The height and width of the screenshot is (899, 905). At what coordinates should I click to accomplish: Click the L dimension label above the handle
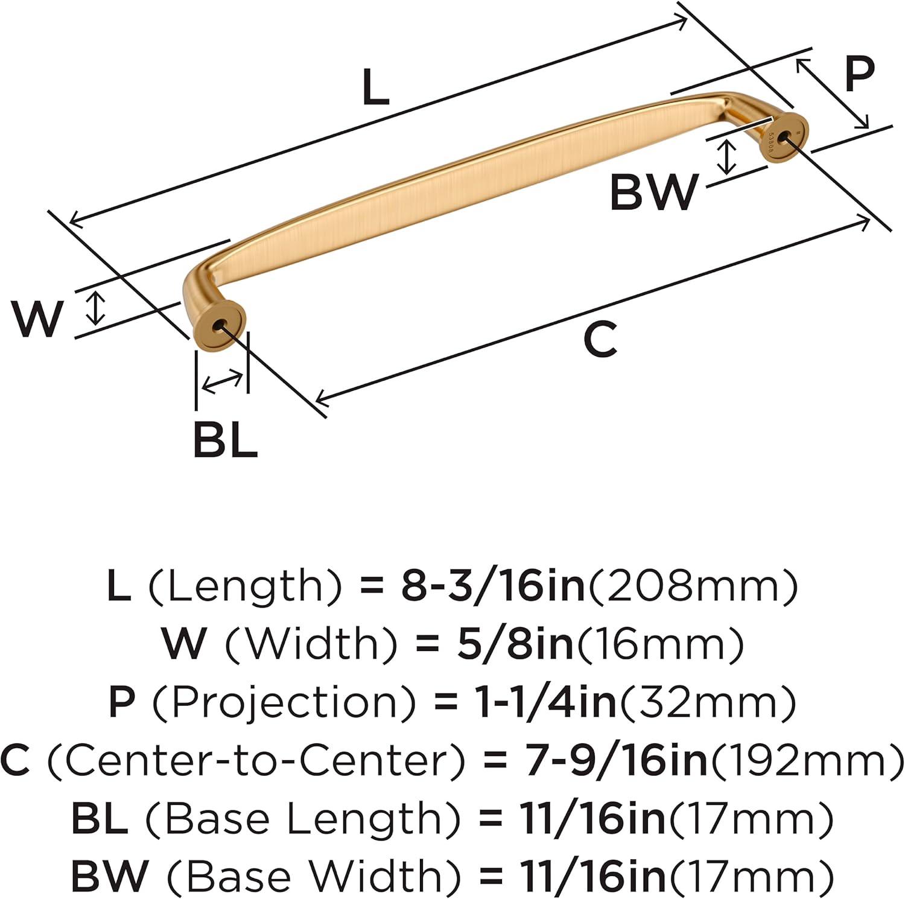click(375, 88)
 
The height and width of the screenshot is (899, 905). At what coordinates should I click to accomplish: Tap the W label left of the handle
click(38, 319)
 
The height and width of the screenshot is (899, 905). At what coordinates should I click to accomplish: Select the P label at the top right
click(859, 73)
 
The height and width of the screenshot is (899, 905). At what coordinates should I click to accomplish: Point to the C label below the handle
click(601, 338)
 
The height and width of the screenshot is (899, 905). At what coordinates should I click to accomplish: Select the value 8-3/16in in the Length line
click(494, 586)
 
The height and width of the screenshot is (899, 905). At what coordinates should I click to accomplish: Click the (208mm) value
click(693, 586)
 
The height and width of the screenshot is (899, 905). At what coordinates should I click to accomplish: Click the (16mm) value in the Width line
click(660, 644)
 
